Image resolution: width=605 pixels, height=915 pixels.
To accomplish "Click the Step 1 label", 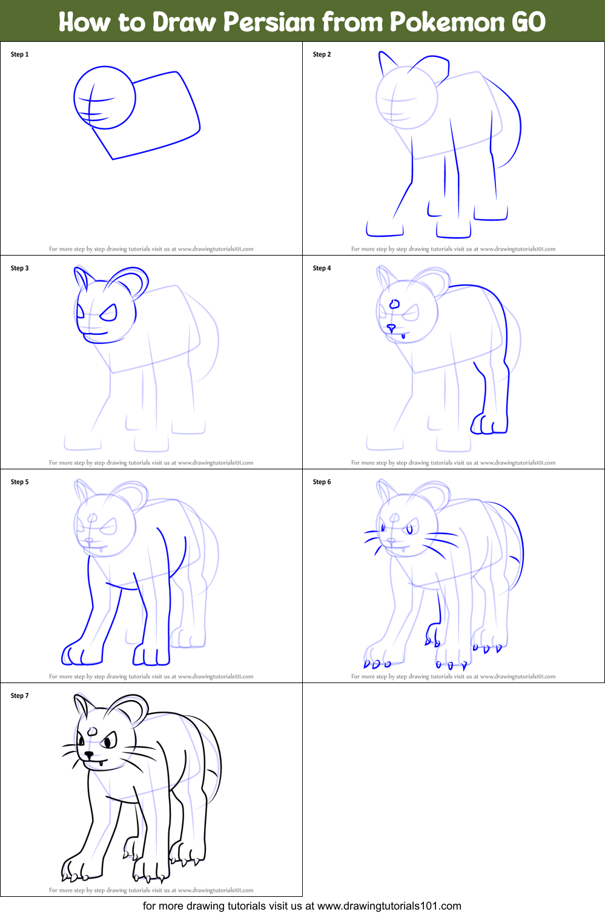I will [19, 55].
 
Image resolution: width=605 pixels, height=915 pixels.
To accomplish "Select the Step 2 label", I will [322, 55].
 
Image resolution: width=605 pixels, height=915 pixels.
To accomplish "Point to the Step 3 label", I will [19, 268].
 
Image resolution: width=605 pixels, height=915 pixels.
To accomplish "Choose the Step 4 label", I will [322, 268].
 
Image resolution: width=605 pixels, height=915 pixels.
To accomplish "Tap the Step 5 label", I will [19, 482].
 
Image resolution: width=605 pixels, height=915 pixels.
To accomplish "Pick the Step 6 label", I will [322, 482].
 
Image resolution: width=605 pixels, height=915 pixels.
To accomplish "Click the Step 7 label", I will [19, 696].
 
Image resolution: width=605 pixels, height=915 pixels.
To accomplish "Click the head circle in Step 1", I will [105, 97].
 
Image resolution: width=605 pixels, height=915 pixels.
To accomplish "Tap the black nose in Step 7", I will [89, 755].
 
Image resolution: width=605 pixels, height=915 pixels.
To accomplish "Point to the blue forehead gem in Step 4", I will [395, 304].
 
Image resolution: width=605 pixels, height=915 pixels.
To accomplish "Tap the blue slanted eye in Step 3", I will [109, 313].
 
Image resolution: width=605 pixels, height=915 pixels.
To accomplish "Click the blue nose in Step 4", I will [391, 328].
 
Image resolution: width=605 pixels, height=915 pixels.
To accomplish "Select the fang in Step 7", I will [100, 764].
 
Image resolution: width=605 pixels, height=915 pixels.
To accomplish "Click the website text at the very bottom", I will [302, 906].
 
